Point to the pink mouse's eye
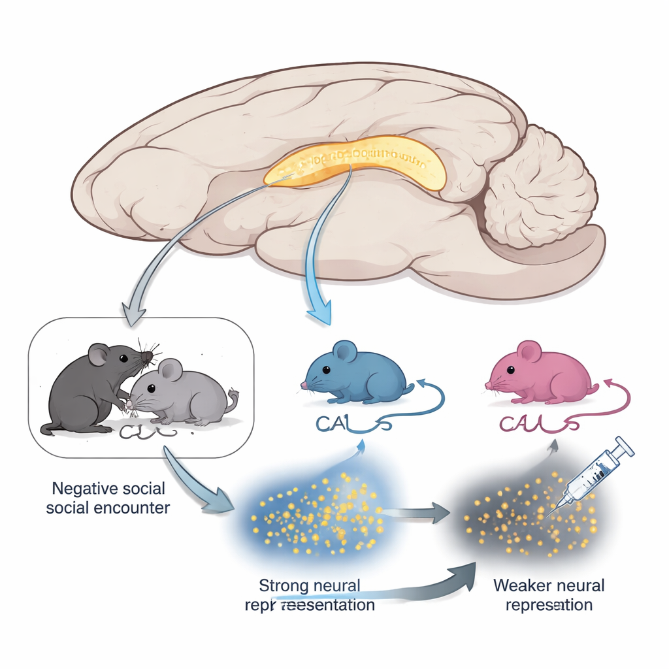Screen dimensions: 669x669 510,370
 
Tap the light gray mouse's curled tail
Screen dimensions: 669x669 231,399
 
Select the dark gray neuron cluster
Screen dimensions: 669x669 523,516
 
